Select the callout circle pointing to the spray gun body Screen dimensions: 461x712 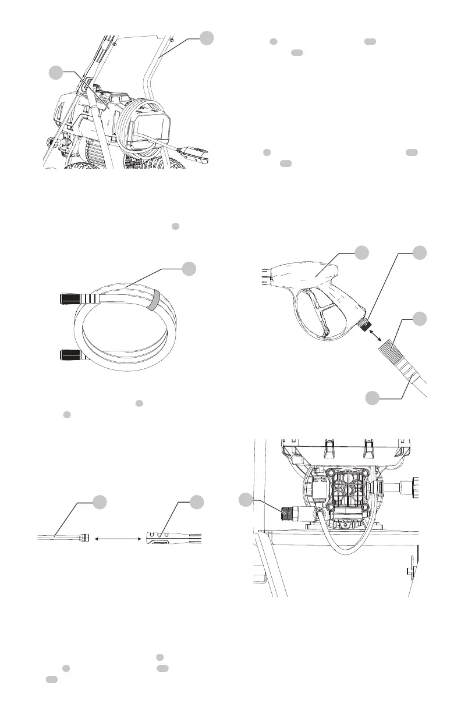point(362,253)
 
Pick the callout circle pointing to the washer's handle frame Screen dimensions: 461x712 point(206,38)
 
